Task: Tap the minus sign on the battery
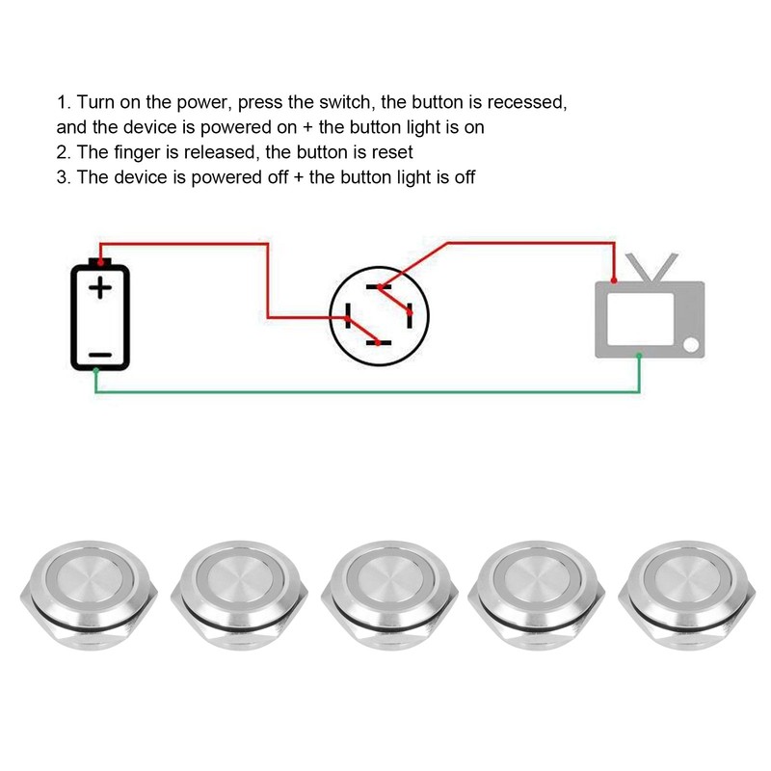99,354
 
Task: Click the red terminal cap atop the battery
100,261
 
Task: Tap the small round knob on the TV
691,345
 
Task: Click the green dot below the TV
638,357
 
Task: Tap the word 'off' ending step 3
463,176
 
